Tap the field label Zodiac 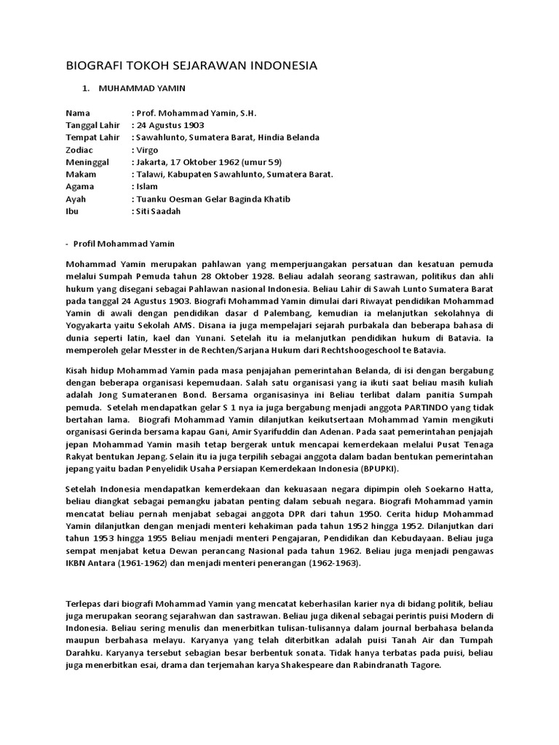click(80, 150)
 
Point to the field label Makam click(81, 175)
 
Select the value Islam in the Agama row click(146, 186)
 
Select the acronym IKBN click(77, 563)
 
